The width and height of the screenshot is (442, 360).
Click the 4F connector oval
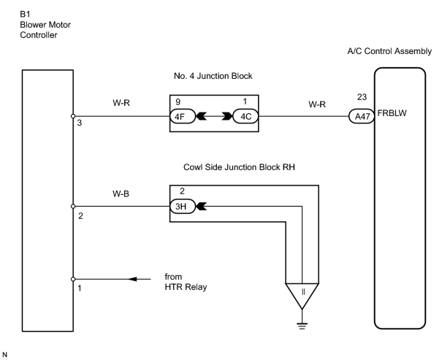183,116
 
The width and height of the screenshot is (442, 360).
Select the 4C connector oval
245,116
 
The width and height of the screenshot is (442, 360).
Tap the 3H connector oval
183,206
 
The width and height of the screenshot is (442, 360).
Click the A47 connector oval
362,116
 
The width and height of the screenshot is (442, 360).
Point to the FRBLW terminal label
392,113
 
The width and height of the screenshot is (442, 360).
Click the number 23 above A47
362,97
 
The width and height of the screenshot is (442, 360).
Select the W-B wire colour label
121,194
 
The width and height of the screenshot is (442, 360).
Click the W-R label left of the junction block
121,103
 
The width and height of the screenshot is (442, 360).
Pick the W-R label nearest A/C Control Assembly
317,104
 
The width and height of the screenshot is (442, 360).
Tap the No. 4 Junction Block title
213,76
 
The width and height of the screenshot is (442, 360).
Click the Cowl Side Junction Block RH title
239,167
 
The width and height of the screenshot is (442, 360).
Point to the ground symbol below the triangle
302,326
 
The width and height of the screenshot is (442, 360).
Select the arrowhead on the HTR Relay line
132,279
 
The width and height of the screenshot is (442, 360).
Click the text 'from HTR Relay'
186,282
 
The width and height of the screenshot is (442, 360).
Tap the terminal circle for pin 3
73,116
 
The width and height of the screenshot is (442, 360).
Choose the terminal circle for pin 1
73,279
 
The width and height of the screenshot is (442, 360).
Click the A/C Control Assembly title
389,51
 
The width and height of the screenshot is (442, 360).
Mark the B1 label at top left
25,14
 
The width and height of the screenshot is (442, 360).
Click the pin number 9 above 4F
178,102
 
